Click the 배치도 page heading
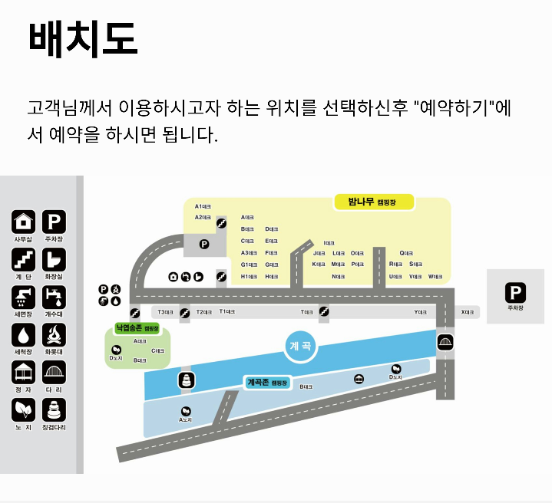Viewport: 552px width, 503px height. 82,39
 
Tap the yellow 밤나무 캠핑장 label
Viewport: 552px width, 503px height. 374,202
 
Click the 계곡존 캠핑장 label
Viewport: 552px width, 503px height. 266,382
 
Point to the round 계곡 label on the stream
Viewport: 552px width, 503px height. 301,347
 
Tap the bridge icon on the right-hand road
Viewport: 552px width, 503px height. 445,343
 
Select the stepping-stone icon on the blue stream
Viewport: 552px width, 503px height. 185,380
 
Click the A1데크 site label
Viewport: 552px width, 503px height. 203,206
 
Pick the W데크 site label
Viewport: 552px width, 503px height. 435,276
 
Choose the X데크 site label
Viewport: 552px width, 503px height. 468,312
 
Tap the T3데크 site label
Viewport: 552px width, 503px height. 164,312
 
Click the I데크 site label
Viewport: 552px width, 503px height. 329,243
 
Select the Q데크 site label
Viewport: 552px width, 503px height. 406,253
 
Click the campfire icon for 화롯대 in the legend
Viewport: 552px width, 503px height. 54,334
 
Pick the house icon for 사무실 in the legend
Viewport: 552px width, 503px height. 23,222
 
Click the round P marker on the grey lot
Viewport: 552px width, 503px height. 204,245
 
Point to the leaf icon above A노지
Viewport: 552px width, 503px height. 185,411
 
